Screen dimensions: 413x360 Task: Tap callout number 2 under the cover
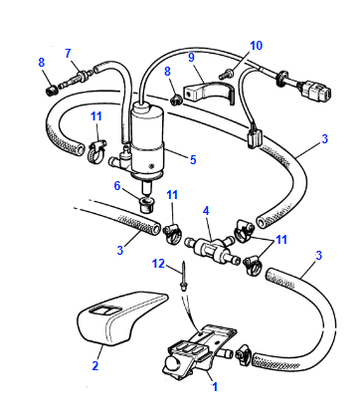(x=95, y=366)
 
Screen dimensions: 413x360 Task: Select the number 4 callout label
(x=206, y=210)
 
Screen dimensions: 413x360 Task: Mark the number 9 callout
(x=192, y=59)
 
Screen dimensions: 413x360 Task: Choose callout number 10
(x=257, y=45)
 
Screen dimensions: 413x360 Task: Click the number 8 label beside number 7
(x=42, y=63)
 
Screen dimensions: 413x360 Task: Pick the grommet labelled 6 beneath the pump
(x=146, y=206)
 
